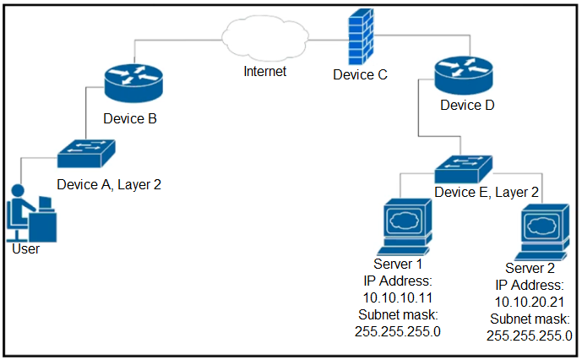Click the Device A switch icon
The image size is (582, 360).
click(x=88, y=153)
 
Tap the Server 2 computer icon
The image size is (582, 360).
click(x=541, y=232)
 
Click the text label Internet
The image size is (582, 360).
click(x=264, y=72)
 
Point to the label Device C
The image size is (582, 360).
click(x=360, y=75)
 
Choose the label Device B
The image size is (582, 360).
click(x=130, y=118)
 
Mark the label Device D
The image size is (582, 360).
click(x=467, y=106)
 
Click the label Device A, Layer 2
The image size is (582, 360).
click(x=109, y=183)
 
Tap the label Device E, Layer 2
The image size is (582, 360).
click(x=486, y=193)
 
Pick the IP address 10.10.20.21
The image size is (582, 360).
click(x=530, y=302)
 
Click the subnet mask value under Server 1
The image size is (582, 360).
click(x=398, y=330)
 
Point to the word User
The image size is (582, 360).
click(x=25, y=249)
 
